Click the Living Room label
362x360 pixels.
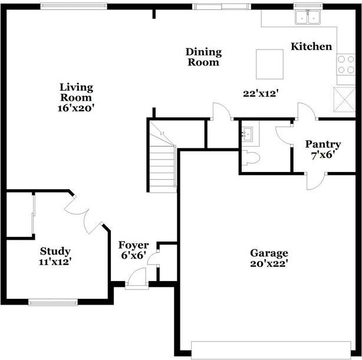click(x=76, y=93)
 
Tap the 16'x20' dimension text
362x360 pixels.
click(x=76, y=108)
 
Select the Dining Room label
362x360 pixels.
click(x=203, y=57)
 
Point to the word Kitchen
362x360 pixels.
click(x=311, y=47)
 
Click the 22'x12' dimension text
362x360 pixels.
click(x=260, y=93)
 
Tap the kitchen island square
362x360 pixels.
click(x=269, y=63)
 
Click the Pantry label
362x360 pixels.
click(x=322, y=144)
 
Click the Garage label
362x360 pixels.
click(x=269, y=253)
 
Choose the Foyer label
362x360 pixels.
click(x=134, y=245)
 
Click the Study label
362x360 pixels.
click(x=55, y=252)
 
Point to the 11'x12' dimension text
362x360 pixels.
click(x=55, y=262)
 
